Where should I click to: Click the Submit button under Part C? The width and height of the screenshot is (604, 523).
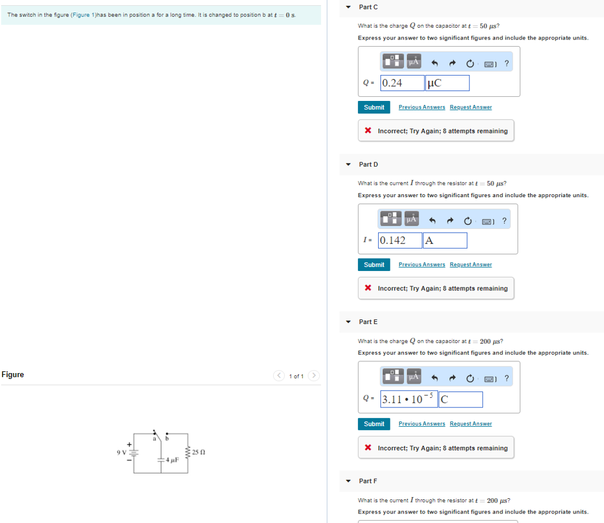click(x=373, y=107)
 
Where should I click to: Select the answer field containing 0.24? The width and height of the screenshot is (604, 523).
click(x=402, y=83)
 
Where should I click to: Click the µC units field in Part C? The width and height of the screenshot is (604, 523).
click(x=447, y=83)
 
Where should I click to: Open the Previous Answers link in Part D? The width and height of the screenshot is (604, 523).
click(x=422, y=264)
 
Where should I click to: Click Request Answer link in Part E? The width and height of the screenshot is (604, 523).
click(x=470, y=424)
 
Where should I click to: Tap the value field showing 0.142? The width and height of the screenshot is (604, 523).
click(x=400, y=240)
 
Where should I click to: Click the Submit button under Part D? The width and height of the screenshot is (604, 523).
click(x=373, y=264)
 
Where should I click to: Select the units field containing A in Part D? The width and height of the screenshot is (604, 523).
click(x=445, y=240)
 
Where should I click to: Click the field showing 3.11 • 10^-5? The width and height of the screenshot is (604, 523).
click(x=408, y=400)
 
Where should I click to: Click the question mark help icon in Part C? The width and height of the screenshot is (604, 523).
click(x=507, y=62)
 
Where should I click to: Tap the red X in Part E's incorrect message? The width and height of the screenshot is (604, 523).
click(x=367, y=448)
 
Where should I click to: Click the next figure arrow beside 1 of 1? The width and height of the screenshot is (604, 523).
click(x=314, y=376)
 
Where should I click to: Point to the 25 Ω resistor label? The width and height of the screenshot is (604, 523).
click(x=198, y=452)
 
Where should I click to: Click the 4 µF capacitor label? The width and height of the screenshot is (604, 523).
click(x=172, y=460)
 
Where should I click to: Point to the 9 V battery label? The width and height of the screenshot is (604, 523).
click(x=121, y=453)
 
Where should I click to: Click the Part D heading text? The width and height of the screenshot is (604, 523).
click(x=368, y=164)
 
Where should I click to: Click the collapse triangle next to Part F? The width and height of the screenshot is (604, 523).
click(x=348, y=481)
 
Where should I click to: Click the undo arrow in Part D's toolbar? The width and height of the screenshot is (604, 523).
click(x=432, y=221)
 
